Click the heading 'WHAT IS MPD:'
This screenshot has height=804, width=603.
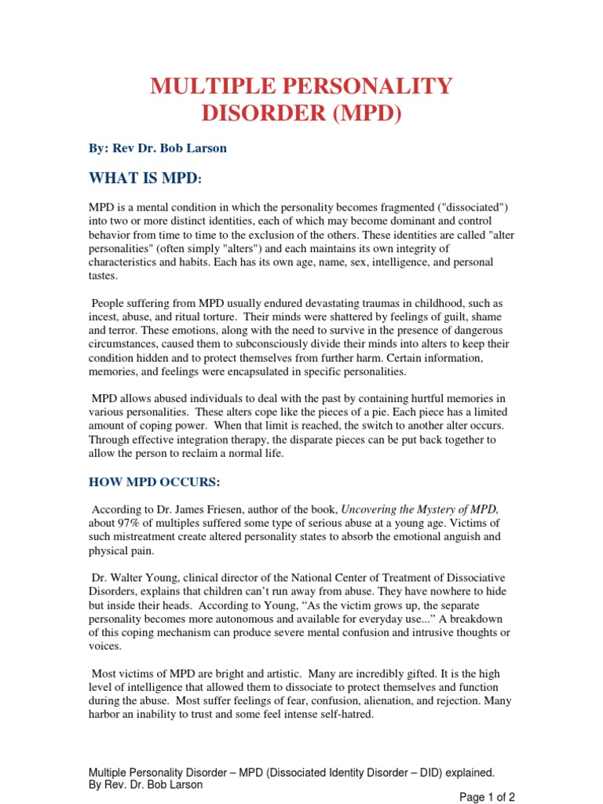coord(144,179)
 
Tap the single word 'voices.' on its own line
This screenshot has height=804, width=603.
coord(105,647)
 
